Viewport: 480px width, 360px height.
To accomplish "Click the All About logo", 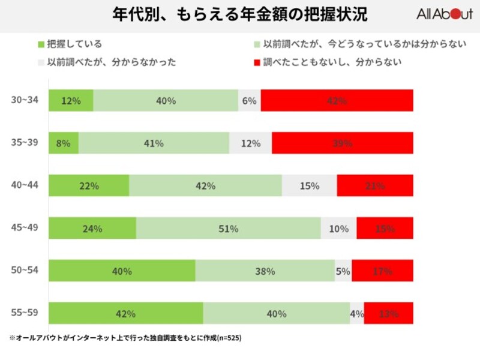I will click(x=445, y=15).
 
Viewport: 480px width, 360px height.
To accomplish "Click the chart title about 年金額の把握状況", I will click(x=240, y=15).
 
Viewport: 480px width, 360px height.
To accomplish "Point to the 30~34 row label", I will click(x=24, y=100).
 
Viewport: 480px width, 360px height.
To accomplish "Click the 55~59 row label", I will click(x=24, y=313).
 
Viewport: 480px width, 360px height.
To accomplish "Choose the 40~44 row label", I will click(x=24, y=185).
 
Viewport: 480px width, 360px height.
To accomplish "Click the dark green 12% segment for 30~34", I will click(x=71, y=101).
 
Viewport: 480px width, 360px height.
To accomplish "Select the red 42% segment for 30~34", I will click(x=337, y=101).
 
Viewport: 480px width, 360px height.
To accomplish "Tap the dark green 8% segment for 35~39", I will click(x=64, y=143).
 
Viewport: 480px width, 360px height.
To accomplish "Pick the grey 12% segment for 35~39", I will click(x=250, y=143).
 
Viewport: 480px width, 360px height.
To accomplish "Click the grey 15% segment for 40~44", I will click(x=309, y=186).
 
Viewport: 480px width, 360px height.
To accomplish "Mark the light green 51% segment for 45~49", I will click(x=229, y=229).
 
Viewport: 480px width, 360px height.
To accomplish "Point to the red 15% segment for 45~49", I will click(x=385, y=229).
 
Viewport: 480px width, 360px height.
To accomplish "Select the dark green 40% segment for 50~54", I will click(x=122, y=271).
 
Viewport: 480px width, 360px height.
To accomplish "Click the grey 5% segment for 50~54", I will click(x=343, y=271).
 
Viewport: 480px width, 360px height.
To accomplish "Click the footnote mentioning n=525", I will click(x=125, y=338).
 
